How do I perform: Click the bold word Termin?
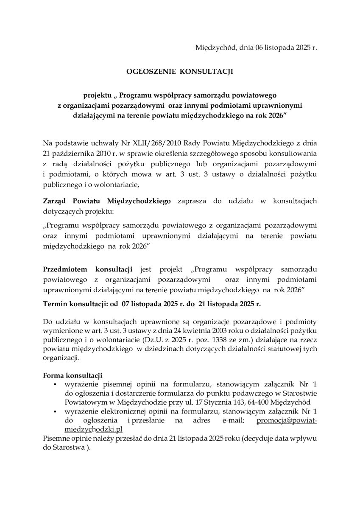(56, 304)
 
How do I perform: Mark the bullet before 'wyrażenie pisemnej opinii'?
(55, 385)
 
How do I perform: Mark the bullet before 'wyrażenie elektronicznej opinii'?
(55, 412)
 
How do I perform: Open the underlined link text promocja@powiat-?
(287, 421)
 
